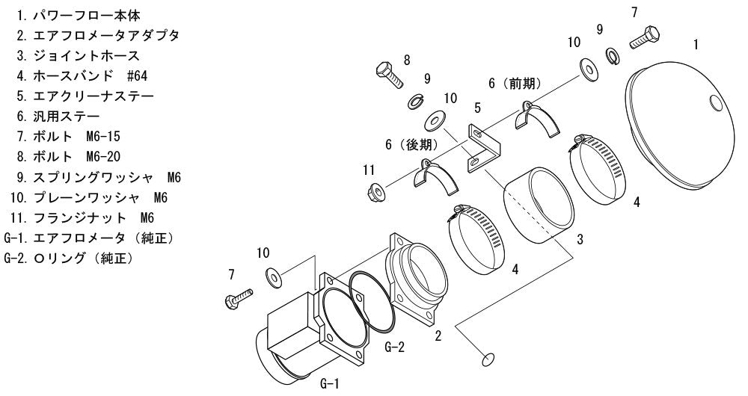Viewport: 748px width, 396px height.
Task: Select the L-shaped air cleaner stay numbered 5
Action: coord(483,149)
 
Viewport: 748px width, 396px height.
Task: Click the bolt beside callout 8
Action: coord(390,75)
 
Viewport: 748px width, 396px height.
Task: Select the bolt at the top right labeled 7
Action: coord(645,37)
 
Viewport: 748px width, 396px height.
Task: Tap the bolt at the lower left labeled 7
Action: coord(239,298)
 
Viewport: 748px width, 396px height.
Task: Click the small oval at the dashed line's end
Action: coord(488,360)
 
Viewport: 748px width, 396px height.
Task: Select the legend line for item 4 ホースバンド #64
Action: coord(82,75)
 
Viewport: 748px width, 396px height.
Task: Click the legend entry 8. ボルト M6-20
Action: coord(68,157)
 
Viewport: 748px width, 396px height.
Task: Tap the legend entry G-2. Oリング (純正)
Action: coord(68,259)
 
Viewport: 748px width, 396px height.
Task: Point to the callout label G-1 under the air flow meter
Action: coord(329,383)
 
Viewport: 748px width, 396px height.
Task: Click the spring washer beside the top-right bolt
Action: coord(612,55)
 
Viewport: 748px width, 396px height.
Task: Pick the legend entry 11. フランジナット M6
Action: coord(82,217)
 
